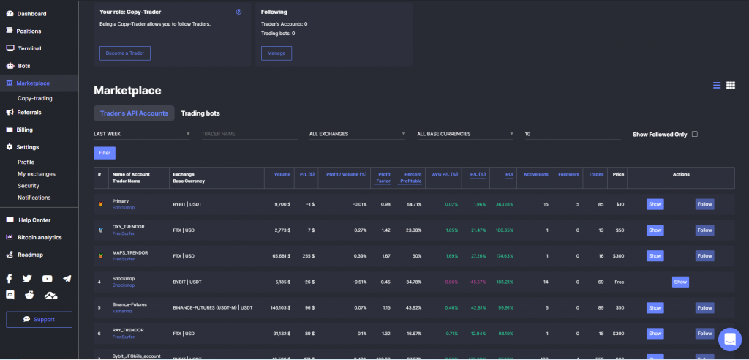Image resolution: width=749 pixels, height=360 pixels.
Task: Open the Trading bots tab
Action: (x=200, y=113)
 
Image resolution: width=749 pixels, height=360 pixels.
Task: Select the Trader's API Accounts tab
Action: (x=134, y=113)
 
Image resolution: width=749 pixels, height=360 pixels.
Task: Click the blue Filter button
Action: (x=105, y=153)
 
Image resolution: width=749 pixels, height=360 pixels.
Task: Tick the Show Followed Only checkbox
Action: (x=695, y=134)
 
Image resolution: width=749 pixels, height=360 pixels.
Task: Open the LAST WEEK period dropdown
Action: (x=142, y=134)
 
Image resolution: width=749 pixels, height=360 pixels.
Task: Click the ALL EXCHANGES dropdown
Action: (x=357, y=134)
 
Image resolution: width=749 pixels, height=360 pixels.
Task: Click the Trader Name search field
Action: (x=249, y=134)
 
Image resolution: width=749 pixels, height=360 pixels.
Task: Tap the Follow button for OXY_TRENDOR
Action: (x=704, y=230)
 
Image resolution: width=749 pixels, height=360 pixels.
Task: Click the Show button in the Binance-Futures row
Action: (x=655, y=308)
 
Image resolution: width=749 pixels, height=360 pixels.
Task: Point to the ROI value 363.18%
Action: (x=504, y=204)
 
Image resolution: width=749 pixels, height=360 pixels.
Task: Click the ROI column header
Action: (x=509, y=174)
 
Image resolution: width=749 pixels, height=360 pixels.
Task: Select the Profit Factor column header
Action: (x=384, y=178)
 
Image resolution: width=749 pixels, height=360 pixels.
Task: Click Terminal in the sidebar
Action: (x=29, y=48)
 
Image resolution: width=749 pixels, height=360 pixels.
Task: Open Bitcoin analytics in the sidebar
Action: (x=40, y=237)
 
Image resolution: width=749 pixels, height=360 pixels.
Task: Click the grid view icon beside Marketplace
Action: (x=730, y=86)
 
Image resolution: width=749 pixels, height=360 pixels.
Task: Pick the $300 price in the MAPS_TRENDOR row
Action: (x=618, y=256)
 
